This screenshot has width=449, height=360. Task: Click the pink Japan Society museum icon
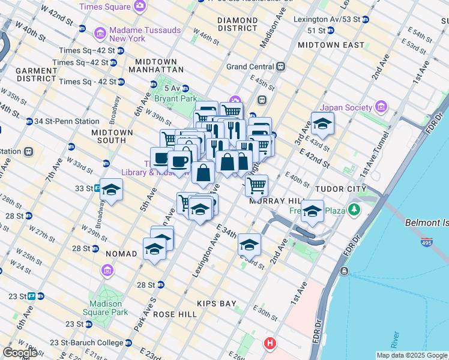[x=381, y=107]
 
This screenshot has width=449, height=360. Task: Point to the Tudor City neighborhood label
[x=341, y=188]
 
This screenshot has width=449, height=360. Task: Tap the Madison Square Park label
[x=106, y=308]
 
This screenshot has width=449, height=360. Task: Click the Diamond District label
[x=237, y=25]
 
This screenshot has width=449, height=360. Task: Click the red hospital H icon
[x=270, y=344]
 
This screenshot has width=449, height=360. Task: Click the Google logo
[x=19, y=353]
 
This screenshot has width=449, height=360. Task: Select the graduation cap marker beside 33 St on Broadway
[x=111, y=191]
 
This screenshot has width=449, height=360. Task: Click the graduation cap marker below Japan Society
[x=322, y=124]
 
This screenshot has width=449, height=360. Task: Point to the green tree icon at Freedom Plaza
[x=354, y=209]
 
